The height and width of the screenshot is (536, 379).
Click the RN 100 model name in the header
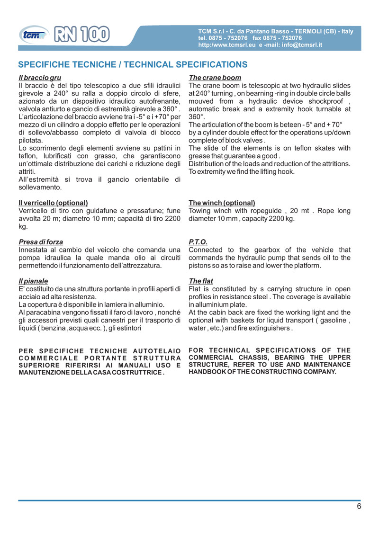tap(82, 34)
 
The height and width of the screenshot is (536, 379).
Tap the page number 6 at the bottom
tap(359, 506)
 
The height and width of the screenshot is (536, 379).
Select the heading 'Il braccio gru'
tap(39, 78)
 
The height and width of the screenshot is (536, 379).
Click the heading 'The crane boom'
tap(215, 78)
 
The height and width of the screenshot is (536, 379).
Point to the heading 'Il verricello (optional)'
tap(53, 203)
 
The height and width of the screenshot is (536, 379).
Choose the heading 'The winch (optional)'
tap(222, 203)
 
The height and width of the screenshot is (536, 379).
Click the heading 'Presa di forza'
tap(40, 242)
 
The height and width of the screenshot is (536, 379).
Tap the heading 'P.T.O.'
tap(198, 242)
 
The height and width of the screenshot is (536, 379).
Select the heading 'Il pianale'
tap(33, 281)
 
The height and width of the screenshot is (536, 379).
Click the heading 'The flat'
tap(201, 281)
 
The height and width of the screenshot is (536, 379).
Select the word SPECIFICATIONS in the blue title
tap(211, 65)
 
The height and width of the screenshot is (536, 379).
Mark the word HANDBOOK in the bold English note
tap(208, 372)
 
